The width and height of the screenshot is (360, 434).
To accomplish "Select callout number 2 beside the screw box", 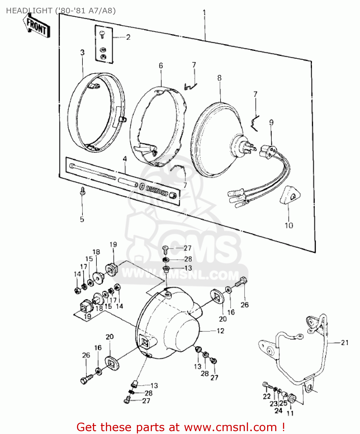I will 128,37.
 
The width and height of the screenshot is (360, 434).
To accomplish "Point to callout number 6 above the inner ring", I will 161,66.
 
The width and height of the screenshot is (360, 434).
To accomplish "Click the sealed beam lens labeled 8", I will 216,139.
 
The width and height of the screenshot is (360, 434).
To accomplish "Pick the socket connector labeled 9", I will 268,151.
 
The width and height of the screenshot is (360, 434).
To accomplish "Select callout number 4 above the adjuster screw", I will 125,159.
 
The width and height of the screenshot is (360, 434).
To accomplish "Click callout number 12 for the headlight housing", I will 221,331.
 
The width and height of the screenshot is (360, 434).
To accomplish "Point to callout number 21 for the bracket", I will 345,343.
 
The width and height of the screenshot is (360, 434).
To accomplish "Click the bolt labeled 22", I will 266,385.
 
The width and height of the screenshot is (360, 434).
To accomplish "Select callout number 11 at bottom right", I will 290,413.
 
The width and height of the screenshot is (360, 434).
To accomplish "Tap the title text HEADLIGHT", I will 29,11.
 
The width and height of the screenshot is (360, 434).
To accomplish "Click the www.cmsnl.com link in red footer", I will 230,427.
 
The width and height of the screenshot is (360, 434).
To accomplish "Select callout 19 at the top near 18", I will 113,244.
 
